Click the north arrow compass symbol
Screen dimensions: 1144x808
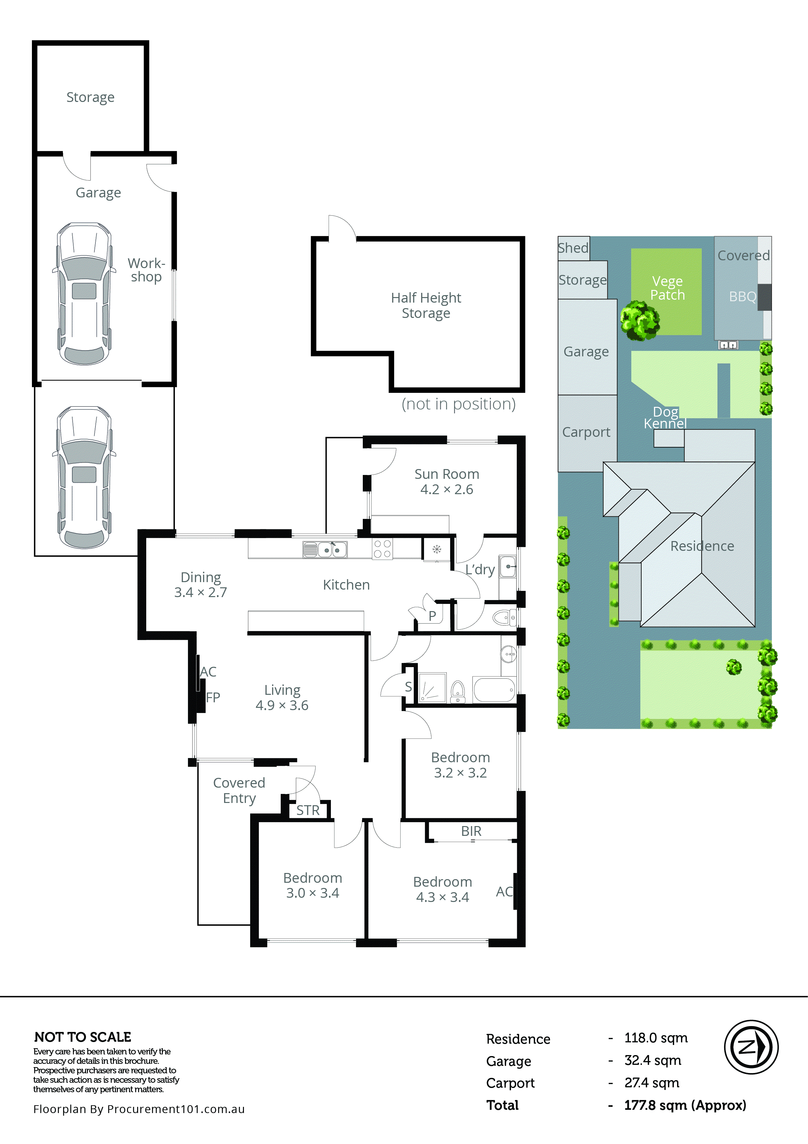click(751, 1047)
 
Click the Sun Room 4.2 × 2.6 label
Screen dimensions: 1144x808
click(447, 481)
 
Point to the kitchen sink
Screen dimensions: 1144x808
click(325, 550)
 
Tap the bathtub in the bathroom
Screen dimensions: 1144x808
click(494, 690)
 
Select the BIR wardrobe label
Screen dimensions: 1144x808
click(471, 831)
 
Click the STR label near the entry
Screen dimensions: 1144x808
click(308, 810)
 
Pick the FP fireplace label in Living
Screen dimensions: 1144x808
click(213, 697)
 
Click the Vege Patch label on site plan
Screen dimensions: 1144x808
click(667, 288)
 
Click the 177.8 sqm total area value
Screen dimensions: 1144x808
click(685, 1105)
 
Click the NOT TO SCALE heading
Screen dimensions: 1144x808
click(83, 1037)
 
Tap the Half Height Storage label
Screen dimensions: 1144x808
click(426, 305)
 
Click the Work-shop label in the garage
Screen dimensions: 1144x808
click(146, 270)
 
